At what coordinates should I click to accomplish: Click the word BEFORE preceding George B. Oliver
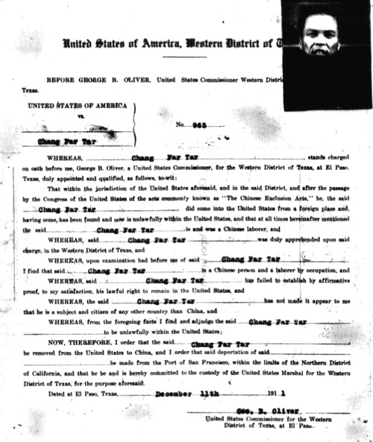pos(61,78)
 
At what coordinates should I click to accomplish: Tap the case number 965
pos(195,123)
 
